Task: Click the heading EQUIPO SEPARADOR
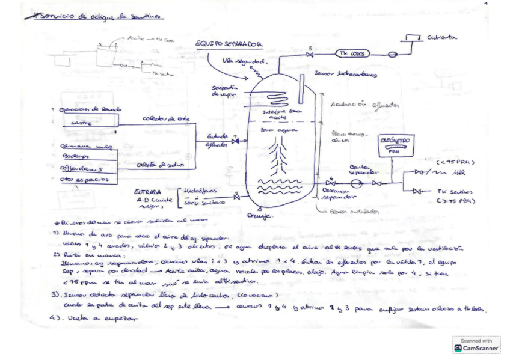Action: pos(229,44)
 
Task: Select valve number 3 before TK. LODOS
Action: pos(310,55)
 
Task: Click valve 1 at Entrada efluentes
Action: pos(236,142)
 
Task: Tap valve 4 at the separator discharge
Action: pos(330,182)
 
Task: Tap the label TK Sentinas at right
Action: pos(451,192)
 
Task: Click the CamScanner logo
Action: pos(476,344)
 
